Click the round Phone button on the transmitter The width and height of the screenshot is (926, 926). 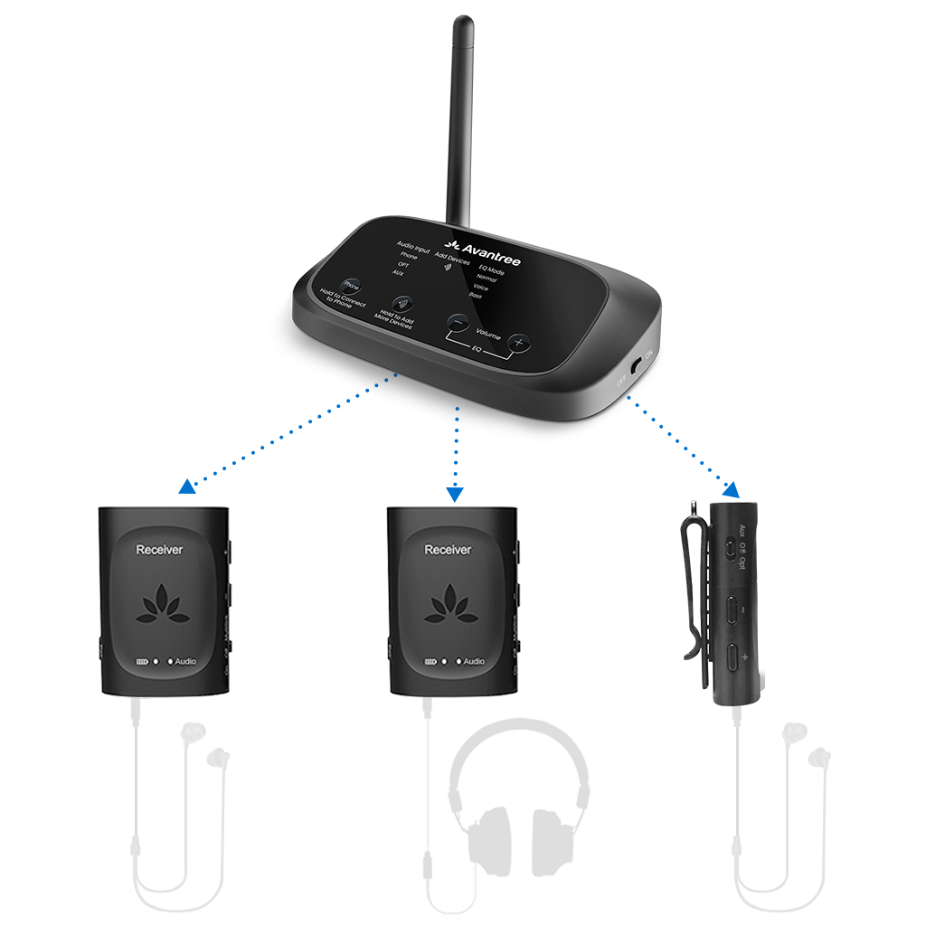351,285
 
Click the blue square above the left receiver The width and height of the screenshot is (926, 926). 187,485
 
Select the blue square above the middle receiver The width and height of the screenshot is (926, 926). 455,495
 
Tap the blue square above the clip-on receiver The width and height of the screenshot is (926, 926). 731,489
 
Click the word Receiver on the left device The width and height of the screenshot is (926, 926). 159,549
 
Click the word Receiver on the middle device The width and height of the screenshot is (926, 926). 448,549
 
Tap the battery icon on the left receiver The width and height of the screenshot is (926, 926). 141,661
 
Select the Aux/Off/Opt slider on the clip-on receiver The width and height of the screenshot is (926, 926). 730,548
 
